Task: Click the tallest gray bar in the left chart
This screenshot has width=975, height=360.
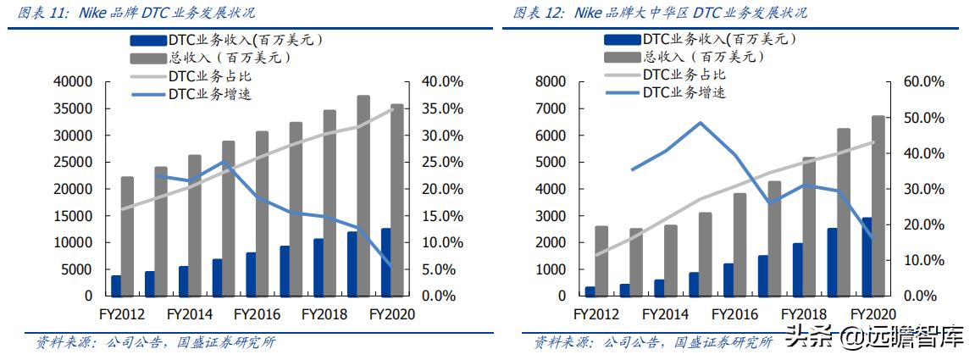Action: coord(363,196)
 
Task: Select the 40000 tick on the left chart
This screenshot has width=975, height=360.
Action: coord(73,82)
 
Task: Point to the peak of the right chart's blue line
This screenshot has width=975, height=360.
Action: coord(701,123)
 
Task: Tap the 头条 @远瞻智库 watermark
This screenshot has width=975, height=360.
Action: coord(873,337)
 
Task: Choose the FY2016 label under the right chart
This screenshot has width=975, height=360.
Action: coord(734,313)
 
